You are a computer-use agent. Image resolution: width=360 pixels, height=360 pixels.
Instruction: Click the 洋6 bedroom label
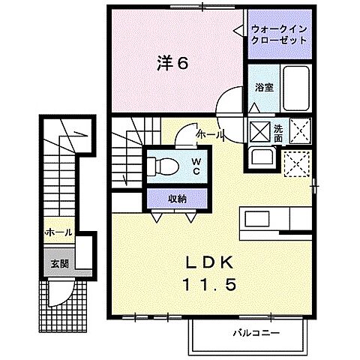(172, 63)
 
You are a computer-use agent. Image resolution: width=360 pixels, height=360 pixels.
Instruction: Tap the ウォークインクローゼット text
(280, 34)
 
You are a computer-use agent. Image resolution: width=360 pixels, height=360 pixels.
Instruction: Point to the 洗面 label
(277, 132)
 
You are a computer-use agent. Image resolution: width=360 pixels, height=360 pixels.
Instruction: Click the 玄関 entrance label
(59, 263)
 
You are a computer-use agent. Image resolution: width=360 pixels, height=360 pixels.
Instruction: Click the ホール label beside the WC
(209, 134)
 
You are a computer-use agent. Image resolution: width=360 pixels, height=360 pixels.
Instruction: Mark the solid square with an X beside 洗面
(258, 132)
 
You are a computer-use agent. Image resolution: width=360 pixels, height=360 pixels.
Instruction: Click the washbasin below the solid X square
(262, 160)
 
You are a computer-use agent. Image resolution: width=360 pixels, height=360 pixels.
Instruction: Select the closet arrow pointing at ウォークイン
(239, 31)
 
